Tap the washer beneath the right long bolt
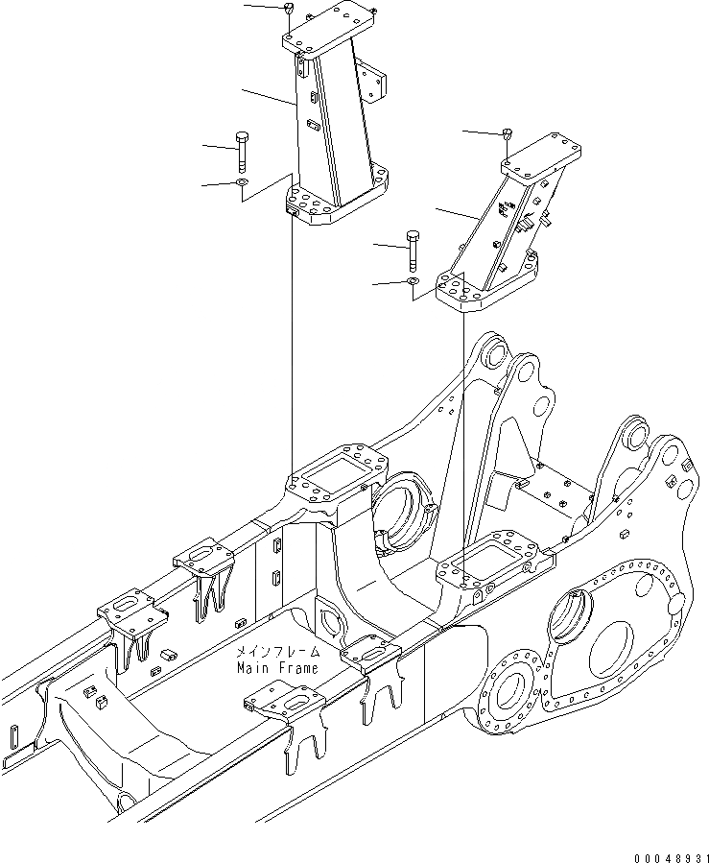(412, 281)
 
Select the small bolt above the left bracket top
(289, 9)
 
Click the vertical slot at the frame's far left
(16, 743)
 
